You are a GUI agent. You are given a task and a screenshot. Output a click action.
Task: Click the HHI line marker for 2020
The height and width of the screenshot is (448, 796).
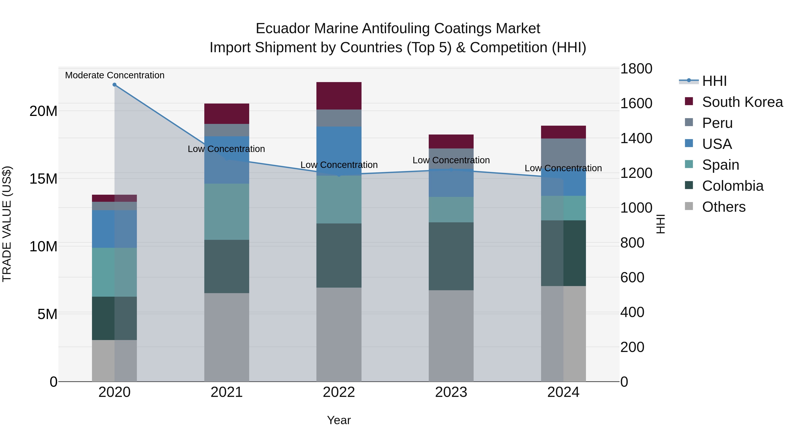114,85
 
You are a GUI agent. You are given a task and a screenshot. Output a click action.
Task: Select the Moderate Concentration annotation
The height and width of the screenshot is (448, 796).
115,75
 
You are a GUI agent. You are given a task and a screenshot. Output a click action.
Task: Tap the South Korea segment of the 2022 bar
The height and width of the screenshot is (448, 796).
339,96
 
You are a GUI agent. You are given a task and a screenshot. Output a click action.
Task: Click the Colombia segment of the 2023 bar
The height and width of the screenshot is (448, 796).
451,256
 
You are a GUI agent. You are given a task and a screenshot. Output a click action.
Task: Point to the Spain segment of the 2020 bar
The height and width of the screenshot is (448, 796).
114,272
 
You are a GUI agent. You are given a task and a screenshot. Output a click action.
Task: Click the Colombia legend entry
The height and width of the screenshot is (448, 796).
732,186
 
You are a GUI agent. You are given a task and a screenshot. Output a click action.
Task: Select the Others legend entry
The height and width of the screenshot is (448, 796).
723,207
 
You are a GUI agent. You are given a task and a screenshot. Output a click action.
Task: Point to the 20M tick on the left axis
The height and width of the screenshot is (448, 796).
43,111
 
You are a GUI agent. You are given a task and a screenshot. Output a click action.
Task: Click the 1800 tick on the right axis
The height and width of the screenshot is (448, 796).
636,69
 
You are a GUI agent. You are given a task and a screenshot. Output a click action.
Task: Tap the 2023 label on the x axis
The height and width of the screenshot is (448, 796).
451,392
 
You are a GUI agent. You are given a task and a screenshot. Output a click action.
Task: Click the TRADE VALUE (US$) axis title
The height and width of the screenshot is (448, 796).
7,224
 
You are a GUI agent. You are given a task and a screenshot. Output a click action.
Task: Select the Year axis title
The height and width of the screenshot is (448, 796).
339,420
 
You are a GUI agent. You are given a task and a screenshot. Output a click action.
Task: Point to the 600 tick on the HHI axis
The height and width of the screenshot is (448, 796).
632,277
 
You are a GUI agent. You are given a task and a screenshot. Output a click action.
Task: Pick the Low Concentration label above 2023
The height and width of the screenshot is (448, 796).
451,160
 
